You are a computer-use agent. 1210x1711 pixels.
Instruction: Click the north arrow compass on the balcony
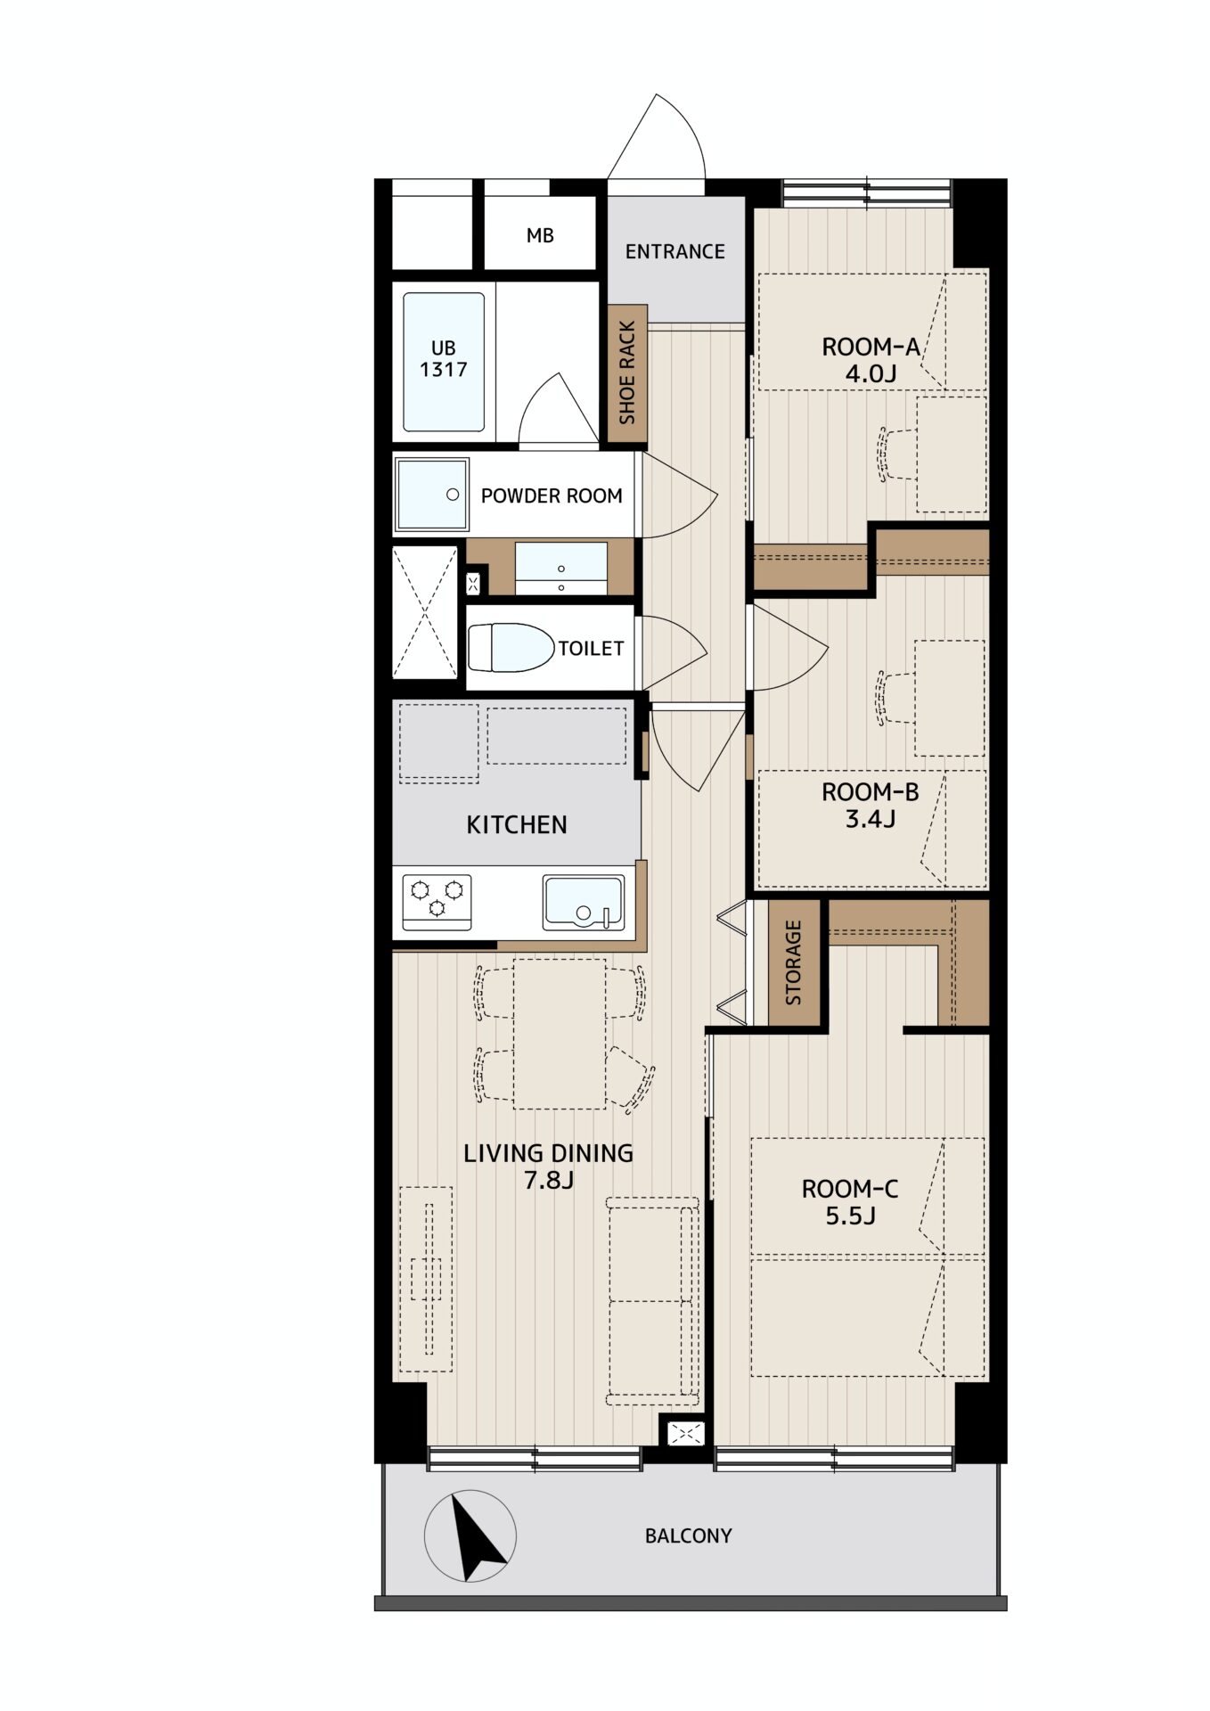[470, 1536]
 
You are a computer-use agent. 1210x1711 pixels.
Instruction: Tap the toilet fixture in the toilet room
[511, 648]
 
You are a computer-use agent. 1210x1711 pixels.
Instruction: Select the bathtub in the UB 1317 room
[444, 363]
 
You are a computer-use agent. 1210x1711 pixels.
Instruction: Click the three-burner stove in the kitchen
[437, 902]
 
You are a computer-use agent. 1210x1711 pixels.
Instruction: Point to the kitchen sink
[584, 903]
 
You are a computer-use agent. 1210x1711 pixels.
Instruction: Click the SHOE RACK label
[627, 372]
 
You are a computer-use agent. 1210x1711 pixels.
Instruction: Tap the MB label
[540, 235]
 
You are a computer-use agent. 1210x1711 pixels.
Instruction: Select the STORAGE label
[793, 962]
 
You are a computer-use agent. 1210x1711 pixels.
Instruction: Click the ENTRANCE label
[674, 252]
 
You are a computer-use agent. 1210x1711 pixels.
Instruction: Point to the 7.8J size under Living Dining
[548, 1181]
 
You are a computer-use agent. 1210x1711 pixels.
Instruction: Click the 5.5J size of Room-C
[850, 1216]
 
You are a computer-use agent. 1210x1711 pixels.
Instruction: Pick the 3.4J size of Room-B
[870, 818]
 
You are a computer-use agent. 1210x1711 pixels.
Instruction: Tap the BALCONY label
[688, 1536]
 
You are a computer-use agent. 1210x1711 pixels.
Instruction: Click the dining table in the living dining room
[560, 1034]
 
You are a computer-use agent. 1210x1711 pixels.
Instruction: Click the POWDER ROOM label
[552, 496]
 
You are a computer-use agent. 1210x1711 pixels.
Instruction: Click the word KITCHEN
[517, 825]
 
